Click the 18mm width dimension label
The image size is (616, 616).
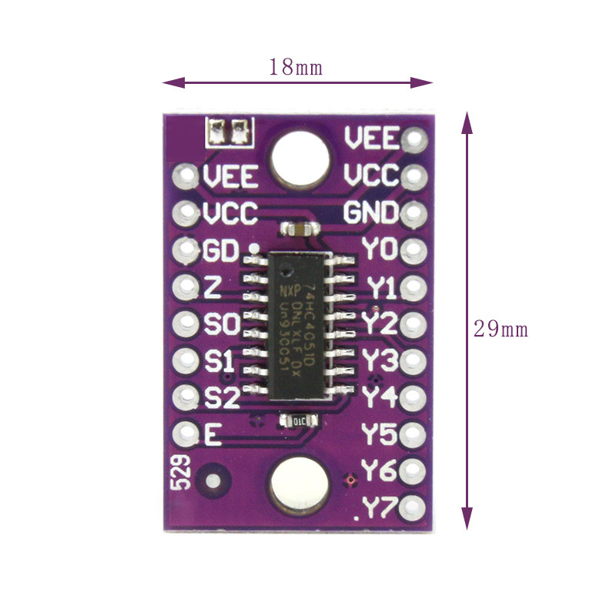tap(295, 67)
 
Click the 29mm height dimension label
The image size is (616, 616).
tap(500, 329)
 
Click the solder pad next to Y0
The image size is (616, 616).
tap(413, 249)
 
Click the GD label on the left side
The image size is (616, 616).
tap(222, 250)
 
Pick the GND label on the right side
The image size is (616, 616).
tap(370, 213)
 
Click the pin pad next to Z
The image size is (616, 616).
tap(186, 287)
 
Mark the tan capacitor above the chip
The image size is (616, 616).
tap(298, 229)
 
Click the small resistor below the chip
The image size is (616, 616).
tap(297, 420)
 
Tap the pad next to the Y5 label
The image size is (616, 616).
tap(413, 434)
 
